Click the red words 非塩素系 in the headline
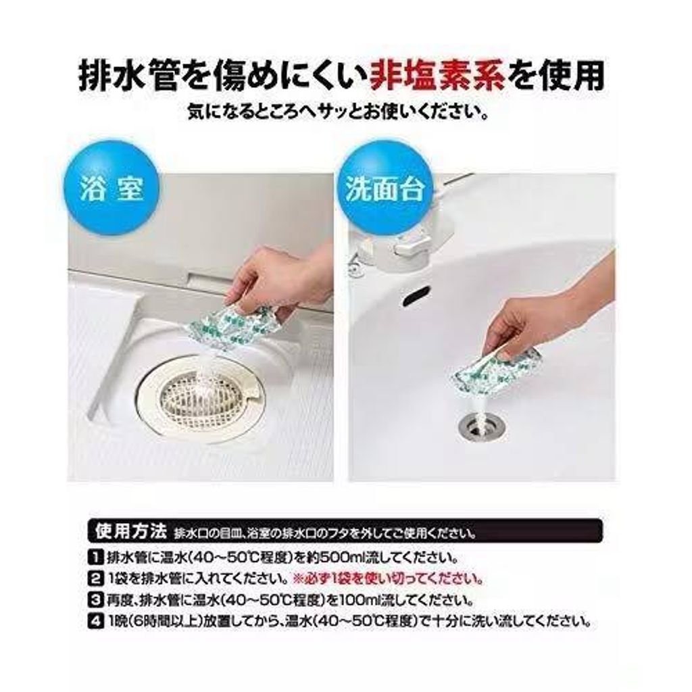[437, 76]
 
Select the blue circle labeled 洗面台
[385, 189]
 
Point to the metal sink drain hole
[475, 426]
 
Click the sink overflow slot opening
[416, 295]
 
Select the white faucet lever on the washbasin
[413, 244]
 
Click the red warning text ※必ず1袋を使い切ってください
[389, 578]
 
